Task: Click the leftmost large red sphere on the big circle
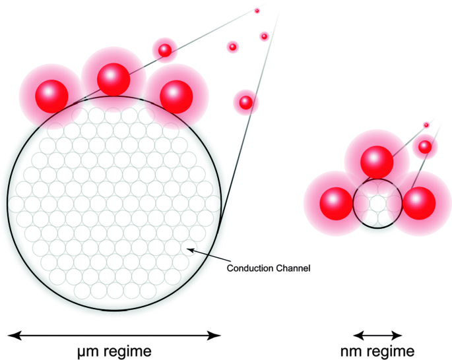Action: pyautogui.click(x=51, y=95)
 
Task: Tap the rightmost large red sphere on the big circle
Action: pyautogui.click(x=176, y=96)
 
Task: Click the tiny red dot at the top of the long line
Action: pyautogui.click(x=257, y=11)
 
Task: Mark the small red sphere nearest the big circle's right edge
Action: pyautogui.click(x=245, y=102)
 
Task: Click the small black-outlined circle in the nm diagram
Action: pyautogui.click(x=377, y=204)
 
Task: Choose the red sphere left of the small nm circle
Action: pyautogui.click(x=336, y=202)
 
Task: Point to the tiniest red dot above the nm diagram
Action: pyautogui.click(x=426, y=125)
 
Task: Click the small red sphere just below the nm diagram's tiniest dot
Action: pyautogui.click(x=425, y=146)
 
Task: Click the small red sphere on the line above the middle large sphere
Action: pyautogui.click(x=164, y=49)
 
